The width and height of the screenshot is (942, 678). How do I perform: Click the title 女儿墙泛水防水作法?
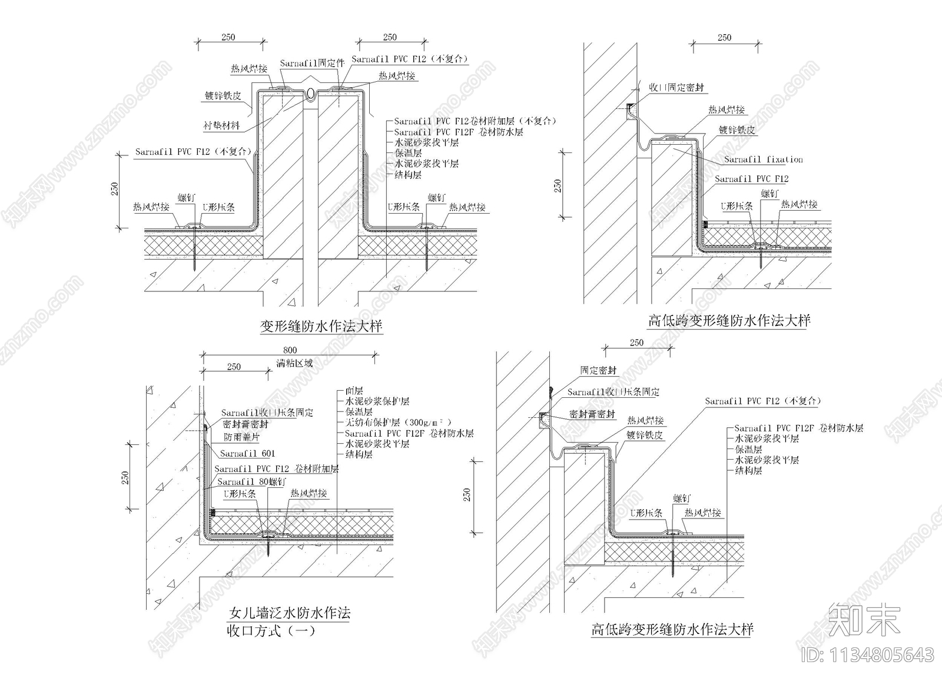pyautogui.click(x=289, y=613)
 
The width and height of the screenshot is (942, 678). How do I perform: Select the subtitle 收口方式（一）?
pyautogui.click(x=271, y=632)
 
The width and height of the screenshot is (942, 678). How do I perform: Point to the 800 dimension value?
pyautogui.click(x=290, y=350)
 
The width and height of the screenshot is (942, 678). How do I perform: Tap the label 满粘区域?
pyautogui.click(x=294, y=363)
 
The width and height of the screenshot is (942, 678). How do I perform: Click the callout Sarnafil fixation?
pyautogui.click(x=763, y=159)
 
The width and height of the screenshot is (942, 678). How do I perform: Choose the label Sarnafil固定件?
pyautogui.click(x=311, y=64)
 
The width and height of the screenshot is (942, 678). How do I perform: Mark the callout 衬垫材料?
pyautogui.click(x=222, y=126)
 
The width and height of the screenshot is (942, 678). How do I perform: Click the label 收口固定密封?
pyautogui.click(x=676, y=88)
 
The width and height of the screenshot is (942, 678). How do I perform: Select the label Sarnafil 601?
pyautogui.click(x=247, y=453)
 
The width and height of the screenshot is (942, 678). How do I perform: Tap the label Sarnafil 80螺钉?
pyautogui.click(x=252, y=481)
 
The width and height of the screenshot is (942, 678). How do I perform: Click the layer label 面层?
pyautogui.click(x=354, y=391)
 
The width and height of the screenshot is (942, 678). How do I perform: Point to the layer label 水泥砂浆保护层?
pyautogui.click(x=377, y=401)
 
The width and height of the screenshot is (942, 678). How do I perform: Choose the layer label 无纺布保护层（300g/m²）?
pyautogui.click(x=398, y=423)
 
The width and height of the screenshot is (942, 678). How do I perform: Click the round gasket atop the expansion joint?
pyautogui.click(x=311, y=92)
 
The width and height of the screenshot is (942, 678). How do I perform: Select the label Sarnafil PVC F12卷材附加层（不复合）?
pyautogui.click(x=475, y=121)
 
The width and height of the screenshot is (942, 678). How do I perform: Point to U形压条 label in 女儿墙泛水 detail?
pyautogui.click(x=240, y=494)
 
